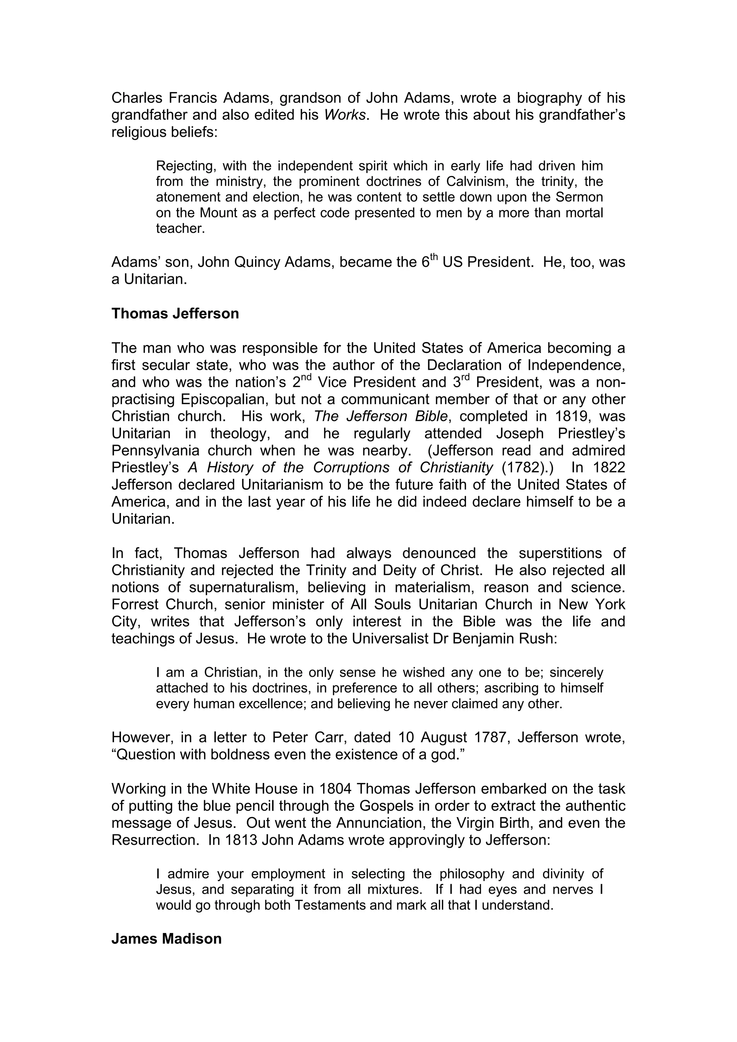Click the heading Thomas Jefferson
(175, 314)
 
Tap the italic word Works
(345, 115)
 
